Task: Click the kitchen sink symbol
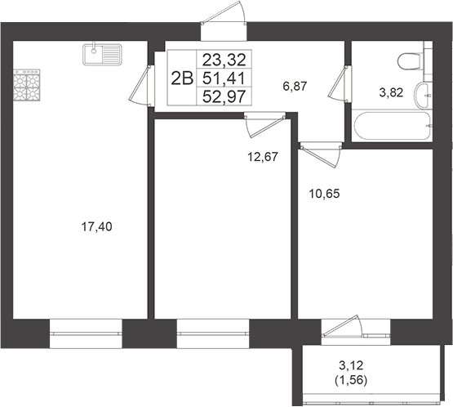102,55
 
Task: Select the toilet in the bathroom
408,62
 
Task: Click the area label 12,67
264,156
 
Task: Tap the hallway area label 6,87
295,84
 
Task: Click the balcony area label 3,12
354,366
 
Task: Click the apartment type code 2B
181,78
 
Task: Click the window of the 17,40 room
86,328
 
